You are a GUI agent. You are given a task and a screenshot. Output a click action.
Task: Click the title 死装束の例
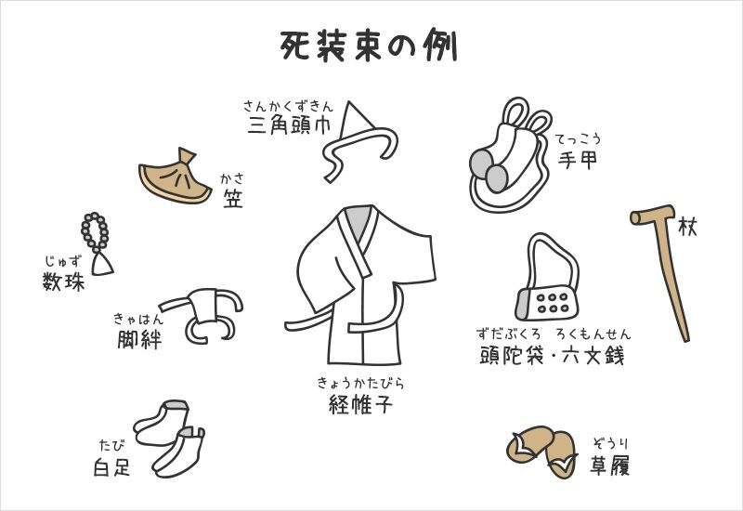coord(368,46)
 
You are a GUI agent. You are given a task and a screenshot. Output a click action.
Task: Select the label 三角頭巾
coord(289,125)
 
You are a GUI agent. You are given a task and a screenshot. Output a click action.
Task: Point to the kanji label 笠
coord(233,198)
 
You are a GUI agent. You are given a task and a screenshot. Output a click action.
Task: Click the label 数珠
coord(63,282)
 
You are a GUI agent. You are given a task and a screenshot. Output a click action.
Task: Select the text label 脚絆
coord(139,339)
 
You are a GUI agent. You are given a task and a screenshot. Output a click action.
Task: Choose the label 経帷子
coord(360,404)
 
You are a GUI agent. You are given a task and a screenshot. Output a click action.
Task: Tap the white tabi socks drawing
coord(170,438)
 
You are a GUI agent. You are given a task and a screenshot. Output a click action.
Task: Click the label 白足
coord(111,468)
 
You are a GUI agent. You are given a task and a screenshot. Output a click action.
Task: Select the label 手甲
coord(577,160)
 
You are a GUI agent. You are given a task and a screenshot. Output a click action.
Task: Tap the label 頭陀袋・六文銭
coord(553,355)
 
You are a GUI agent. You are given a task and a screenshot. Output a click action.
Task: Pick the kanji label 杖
coord(687,227)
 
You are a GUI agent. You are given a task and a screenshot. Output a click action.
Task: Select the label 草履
coord(610,465)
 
